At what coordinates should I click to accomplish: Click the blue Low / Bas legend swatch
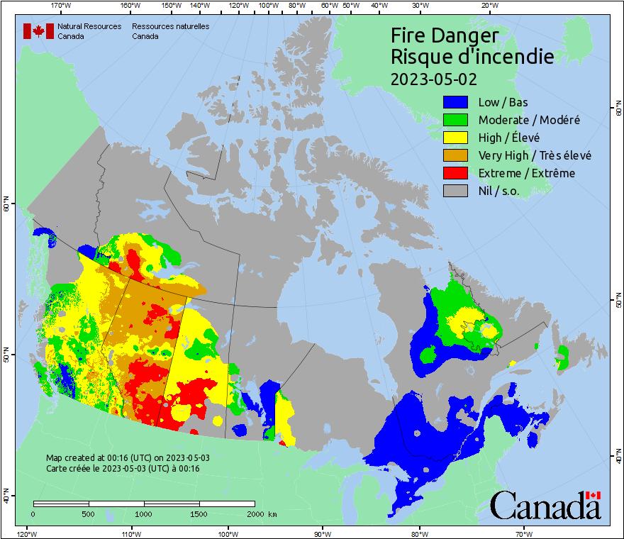tap(455, 102)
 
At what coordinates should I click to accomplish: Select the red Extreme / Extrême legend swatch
tap(455, 173)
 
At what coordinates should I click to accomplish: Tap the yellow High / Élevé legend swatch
tap(455, 138)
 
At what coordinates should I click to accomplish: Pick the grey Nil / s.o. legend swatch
tap(455, 191)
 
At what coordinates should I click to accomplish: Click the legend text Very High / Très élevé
tap(535, 155)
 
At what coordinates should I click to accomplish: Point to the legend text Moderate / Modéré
tap(529, 120)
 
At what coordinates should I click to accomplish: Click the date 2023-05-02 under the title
tap(433, 79)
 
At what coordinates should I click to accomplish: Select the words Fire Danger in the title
tap(445, 36)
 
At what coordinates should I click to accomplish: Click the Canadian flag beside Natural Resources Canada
tap(38, 31)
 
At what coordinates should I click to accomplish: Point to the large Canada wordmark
tap(545, 506)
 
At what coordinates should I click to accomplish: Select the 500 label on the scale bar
tap(89, 513)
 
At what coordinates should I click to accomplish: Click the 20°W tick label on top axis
tap(489, 6)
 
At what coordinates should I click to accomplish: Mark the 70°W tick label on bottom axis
tap(524, 533)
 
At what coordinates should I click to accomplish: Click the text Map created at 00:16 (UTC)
tap(128, 458)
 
